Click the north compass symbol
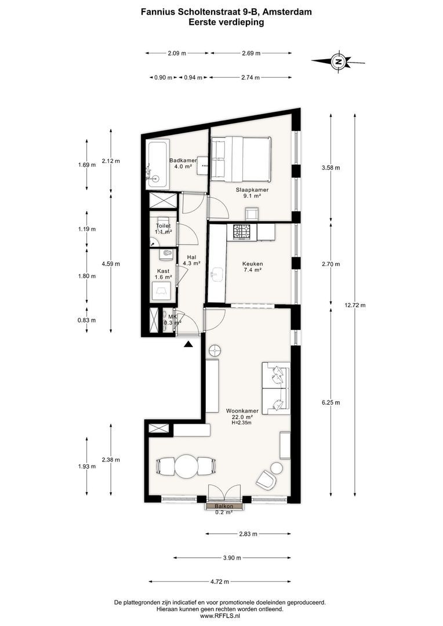[x=338, y=61]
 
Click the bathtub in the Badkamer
[x=157, y=165]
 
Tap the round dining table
[x=187, y=465]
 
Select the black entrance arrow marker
[x=188, y=345]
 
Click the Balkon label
[x=224, y=507]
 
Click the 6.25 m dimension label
[x=330, y=402]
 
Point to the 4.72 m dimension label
[x=219, y=581]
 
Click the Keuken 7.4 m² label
[x=252, y=267]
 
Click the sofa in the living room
[x=275, y=388]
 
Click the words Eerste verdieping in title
[x=226, y=23]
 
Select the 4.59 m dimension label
[x=111, y=264]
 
